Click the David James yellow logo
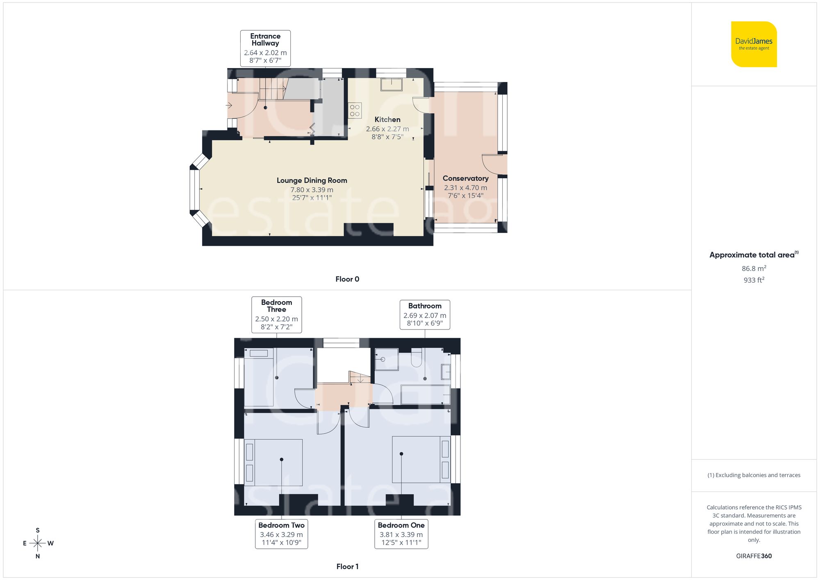point(754,44)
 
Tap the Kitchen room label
point(387,120)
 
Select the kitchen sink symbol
point(392,84)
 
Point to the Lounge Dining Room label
point(312,180)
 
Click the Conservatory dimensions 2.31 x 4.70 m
point(465,188)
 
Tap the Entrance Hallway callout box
point(265,48)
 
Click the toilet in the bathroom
point(416,357)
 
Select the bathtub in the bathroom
point(426,395)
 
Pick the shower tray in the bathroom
point(386,359)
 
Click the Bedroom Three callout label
point(276,314)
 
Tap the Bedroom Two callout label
point(281,534)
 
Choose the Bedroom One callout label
point(401,534)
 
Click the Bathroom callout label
point(425,314)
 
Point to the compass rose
point(38,544)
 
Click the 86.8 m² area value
point(754,268)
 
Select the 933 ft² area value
point(754,280)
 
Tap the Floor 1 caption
point(347,566)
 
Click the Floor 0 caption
point(347,279)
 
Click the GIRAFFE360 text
point(754,556)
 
